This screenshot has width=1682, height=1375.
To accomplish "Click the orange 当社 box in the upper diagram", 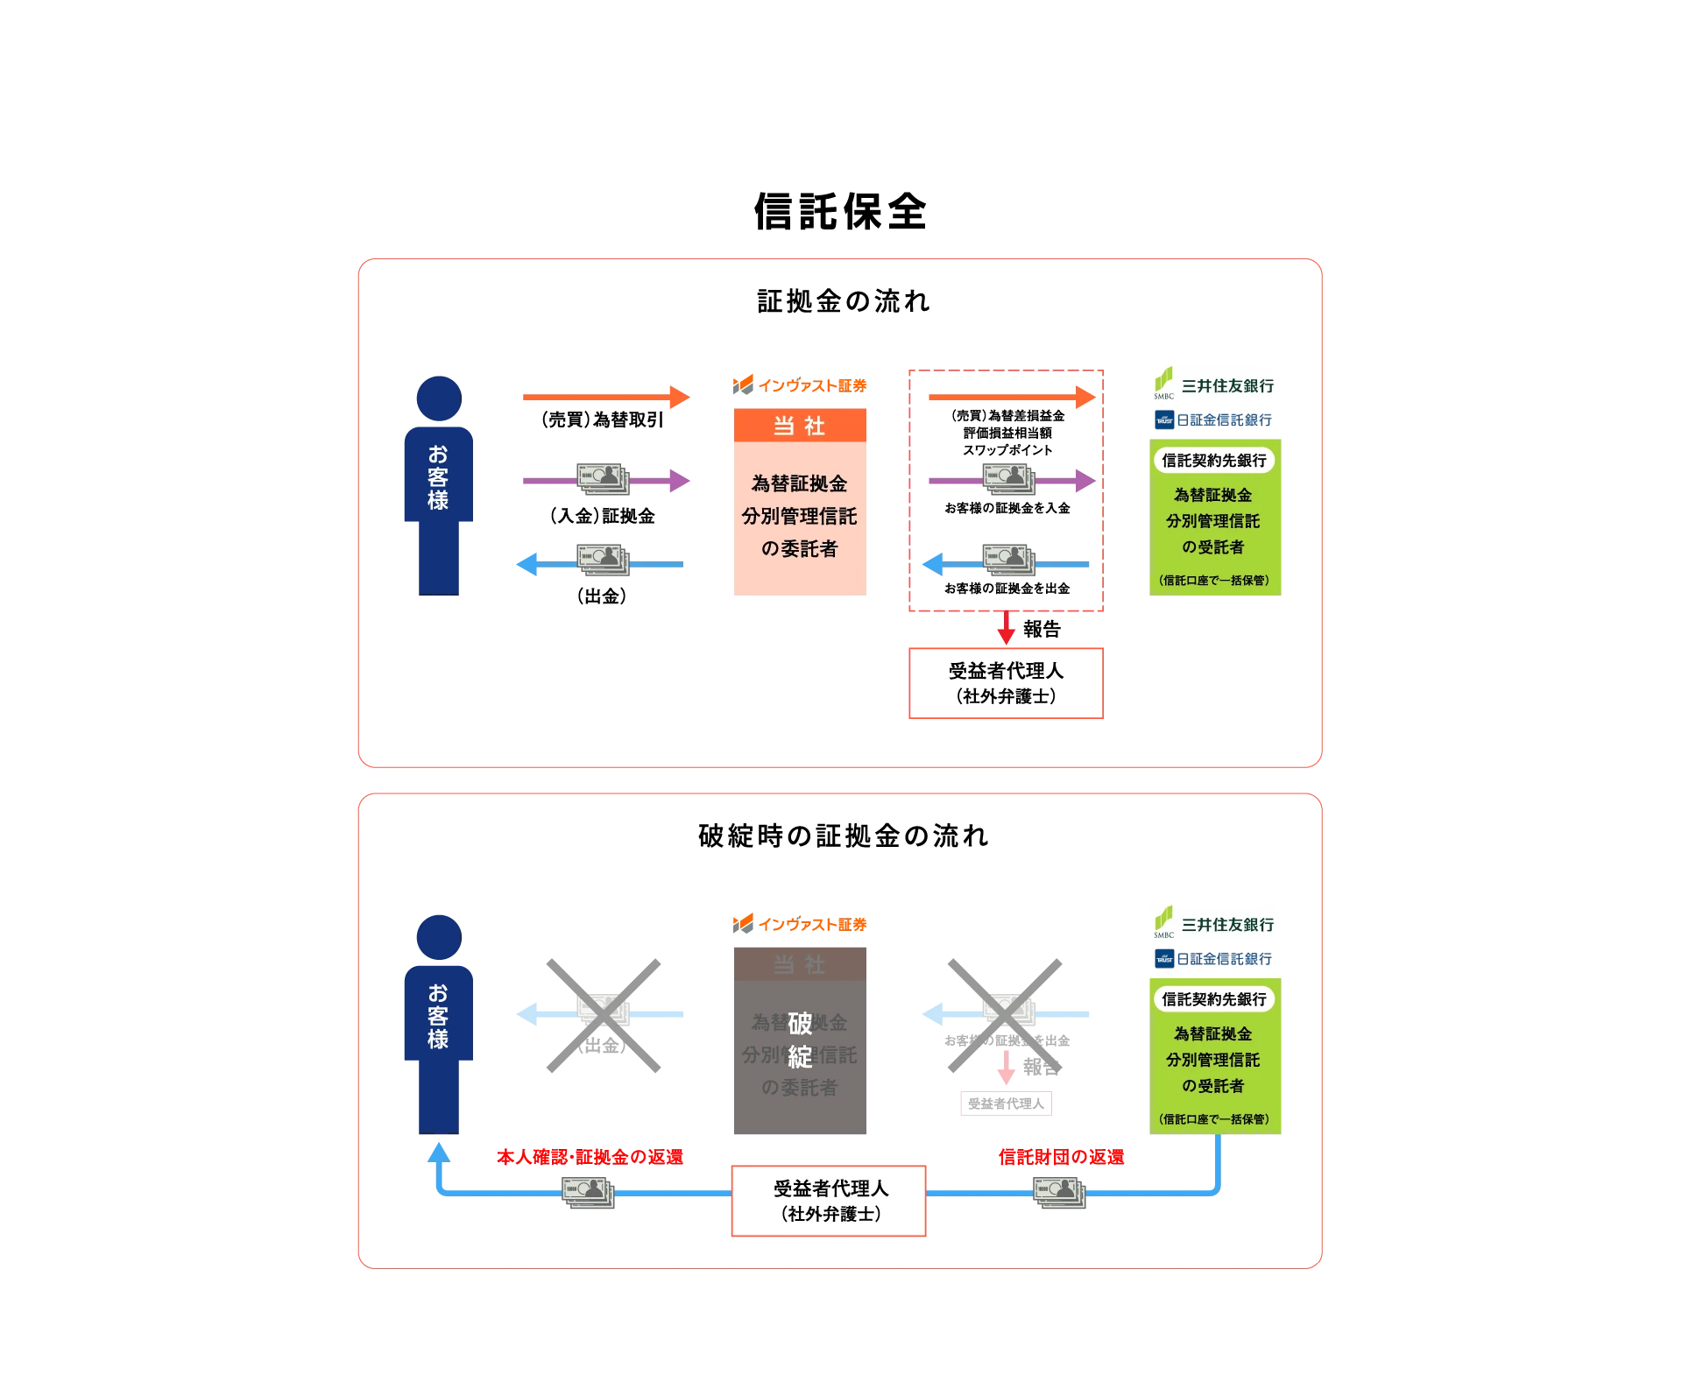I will [x=799, y=501].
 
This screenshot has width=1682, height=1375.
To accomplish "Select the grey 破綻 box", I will [x=799, y=1040].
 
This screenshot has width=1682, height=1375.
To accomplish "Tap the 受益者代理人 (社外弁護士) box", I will [x=829, y=1201].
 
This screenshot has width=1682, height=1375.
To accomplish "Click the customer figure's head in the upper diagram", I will [x=439, y=398].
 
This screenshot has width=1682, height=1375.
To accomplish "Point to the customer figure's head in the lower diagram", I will [x=439, y=936].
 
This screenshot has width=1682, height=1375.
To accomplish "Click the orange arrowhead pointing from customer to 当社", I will [x=680, y=398].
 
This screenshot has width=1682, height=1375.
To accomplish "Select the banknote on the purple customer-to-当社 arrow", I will [x=603, y=480].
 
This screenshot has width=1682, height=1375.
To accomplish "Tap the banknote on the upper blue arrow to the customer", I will [x=603, y=561].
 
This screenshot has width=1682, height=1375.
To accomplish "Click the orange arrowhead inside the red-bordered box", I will [x=1085, y=398].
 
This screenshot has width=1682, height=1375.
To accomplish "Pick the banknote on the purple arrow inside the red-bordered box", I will [x=1008, y=480].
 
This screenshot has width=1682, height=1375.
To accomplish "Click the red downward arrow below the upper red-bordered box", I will [x=1007, y=631].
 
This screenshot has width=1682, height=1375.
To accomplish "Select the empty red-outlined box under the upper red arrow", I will [x=1006, y=683].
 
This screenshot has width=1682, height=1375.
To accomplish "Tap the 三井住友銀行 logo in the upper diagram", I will [x=1212, y=382].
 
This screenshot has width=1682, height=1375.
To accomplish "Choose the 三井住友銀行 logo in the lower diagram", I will [x=1212, y=921].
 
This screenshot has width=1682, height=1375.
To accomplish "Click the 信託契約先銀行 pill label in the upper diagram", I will [x=1214, y=461].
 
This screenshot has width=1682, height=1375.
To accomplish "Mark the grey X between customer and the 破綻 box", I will [x=603, y=1015].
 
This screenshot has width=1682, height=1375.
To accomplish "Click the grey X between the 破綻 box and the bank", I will [x=1006, y=1015].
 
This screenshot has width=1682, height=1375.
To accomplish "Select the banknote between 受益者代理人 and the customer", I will [x=589, y=1193].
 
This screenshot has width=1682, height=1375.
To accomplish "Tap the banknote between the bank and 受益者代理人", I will [x=1059, y=1193].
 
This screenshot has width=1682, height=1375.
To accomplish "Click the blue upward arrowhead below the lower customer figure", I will [x=439, y=1154].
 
